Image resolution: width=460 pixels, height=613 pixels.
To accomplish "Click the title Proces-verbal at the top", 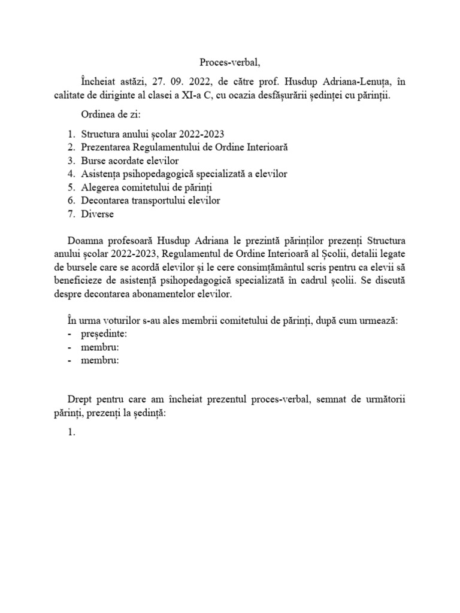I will point(229,62).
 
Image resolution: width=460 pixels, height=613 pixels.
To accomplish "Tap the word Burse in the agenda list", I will point(94,160).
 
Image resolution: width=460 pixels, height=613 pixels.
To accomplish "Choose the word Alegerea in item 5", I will point(101,187).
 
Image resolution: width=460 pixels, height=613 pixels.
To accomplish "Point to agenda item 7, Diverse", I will point(97,213).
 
